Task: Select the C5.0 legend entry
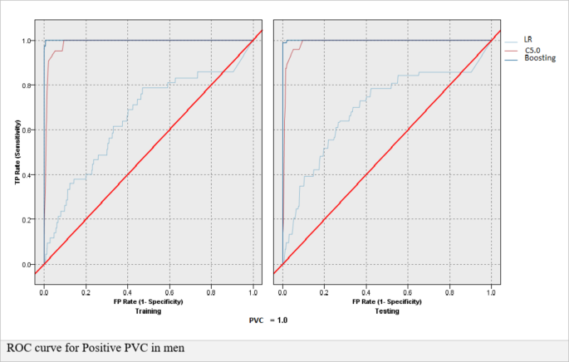pyautogui.click(x=532, y=51)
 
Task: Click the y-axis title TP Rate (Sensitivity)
pyautogui.click(x=17, y=152)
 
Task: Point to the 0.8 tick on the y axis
pyautogui.click(x=27, y=85)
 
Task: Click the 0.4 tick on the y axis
pyautogui.click(x=27, y=174)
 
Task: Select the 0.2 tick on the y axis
pyautogui.click(x=27, y=219)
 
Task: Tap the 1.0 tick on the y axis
pyautogui.click(x=27, y=40)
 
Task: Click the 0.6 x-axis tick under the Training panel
pyautogui.click(x=169, y=293)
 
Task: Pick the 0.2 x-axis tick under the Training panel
pyautogui.click(x=86, y=293)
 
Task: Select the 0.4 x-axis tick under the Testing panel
pyautogui.click(x=365, y=293)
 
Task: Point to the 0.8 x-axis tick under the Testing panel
pyautogui.click(x=449, y=293)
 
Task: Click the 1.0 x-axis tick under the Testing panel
pyautogui.click(x=491, y=293)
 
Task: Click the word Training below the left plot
pyautogui.click(x=148, y=311)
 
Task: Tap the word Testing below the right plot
pyautogui.click(x=386, y=311)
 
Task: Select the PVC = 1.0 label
pyautogui.click(x=267, y=320)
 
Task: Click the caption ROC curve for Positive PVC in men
pyautogui.click(x=96, y=347)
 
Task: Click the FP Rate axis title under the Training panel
pyautogui.click(x=148, y=301)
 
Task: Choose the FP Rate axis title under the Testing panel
pyautogui.click(x=386, y=301)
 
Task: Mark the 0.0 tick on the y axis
pyautogui.click(x=27, y=264)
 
